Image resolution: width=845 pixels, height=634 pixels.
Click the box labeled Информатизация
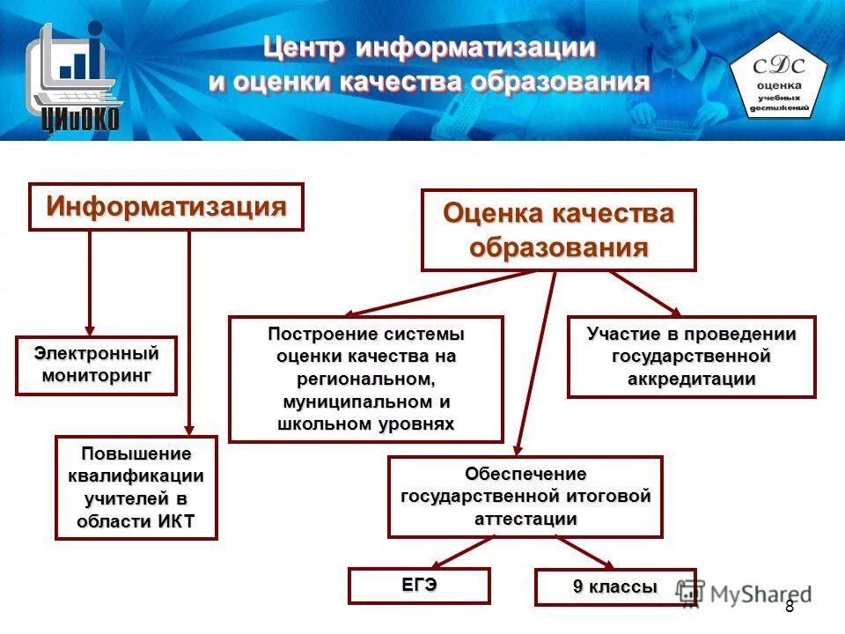pos(166,207)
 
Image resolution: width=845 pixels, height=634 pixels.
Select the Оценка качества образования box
pos(558,230)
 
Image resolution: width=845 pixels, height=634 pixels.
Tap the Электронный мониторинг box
pos(96,365)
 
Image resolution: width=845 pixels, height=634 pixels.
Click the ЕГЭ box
pos(419,586)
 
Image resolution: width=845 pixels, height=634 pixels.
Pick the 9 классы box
pos(615,587)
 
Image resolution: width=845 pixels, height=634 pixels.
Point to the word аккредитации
pos(692,380)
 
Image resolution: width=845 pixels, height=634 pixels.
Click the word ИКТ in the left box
pos(175,520)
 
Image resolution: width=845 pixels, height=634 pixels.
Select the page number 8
pos(789,607)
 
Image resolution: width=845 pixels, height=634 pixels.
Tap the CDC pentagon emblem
pos(779,79)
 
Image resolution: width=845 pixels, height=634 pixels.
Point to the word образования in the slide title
pos(560,82)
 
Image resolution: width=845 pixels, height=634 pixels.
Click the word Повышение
pos(136,453)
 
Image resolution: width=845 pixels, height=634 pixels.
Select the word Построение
pos(322,335)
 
